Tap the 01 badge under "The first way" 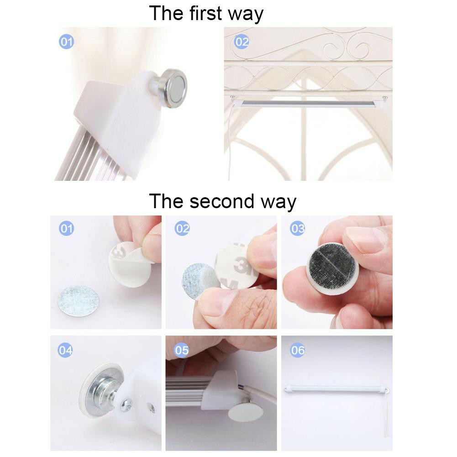pyautogui.click(x=67, y=42)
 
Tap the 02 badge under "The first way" pyautogui.click(x=242, y=42)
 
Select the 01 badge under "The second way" pyautogui.click(x=67, y=228)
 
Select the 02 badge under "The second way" pyautogui.click(x=182, y=228)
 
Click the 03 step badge pyautogui.click(x=297, y=228)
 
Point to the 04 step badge pyautogui.click(x=65, y=350)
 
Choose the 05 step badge pyautogui.click(x=182, y=350)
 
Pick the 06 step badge pyautogui.click(x=297, y=350)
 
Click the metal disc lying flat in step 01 pyautogui.click(x=78, y=301)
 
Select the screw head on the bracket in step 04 pyautogui.click(x=126, y=405)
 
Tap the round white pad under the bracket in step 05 pyautogui.click(x=246, y=411)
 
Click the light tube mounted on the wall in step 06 pyautogui.click(x=336, y=389)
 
